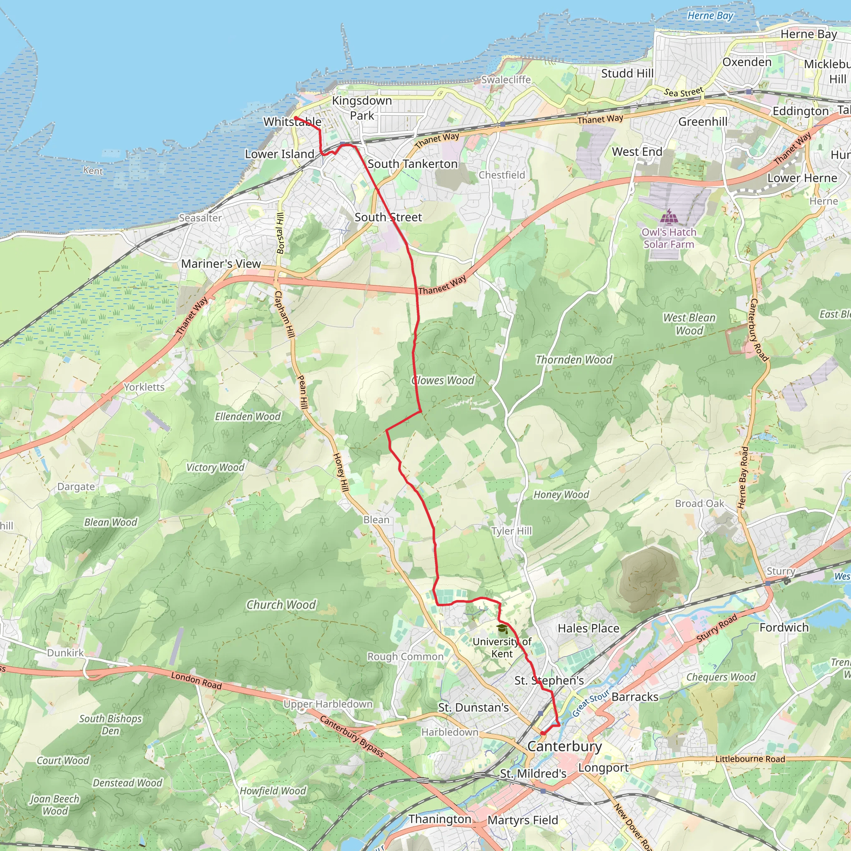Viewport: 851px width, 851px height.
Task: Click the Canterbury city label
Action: pos(564,746)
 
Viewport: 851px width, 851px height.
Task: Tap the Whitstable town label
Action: pos(292,122)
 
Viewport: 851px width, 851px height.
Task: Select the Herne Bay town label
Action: pos(808,34)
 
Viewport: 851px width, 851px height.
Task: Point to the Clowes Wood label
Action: pos(443,381)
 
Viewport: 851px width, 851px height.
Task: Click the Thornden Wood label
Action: pos(573,360)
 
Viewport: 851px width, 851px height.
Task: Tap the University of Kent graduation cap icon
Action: pos(502,629)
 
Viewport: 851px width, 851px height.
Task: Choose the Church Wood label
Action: pos(281,605)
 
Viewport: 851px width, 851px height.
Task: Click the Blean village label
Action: pos(376,520)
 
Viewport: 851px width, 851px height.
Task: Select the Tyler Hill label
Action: pos(512,531)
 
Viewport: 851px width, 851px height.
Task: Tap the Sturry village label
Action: pos(780,571)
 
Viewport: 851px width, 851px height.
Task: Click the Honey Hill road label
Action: pos(340,472)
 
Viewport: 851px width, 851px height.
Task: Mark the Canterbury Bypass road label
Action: pos(352,736)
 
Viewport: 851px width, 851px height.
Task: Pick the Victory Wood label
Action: pos(215,467)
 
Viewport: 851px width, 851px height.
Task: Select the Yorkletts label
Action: pos(144,387)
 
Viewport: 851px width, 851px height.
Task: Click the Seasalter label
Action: pos(200,218)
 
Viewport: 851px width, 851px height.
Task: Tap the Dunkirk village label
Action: pos(65,653)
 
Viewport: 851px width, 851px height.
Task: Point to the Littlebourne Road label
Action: pos(750,759)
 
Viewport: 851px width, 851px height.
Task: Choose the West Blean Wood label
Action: pos(689,324)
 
